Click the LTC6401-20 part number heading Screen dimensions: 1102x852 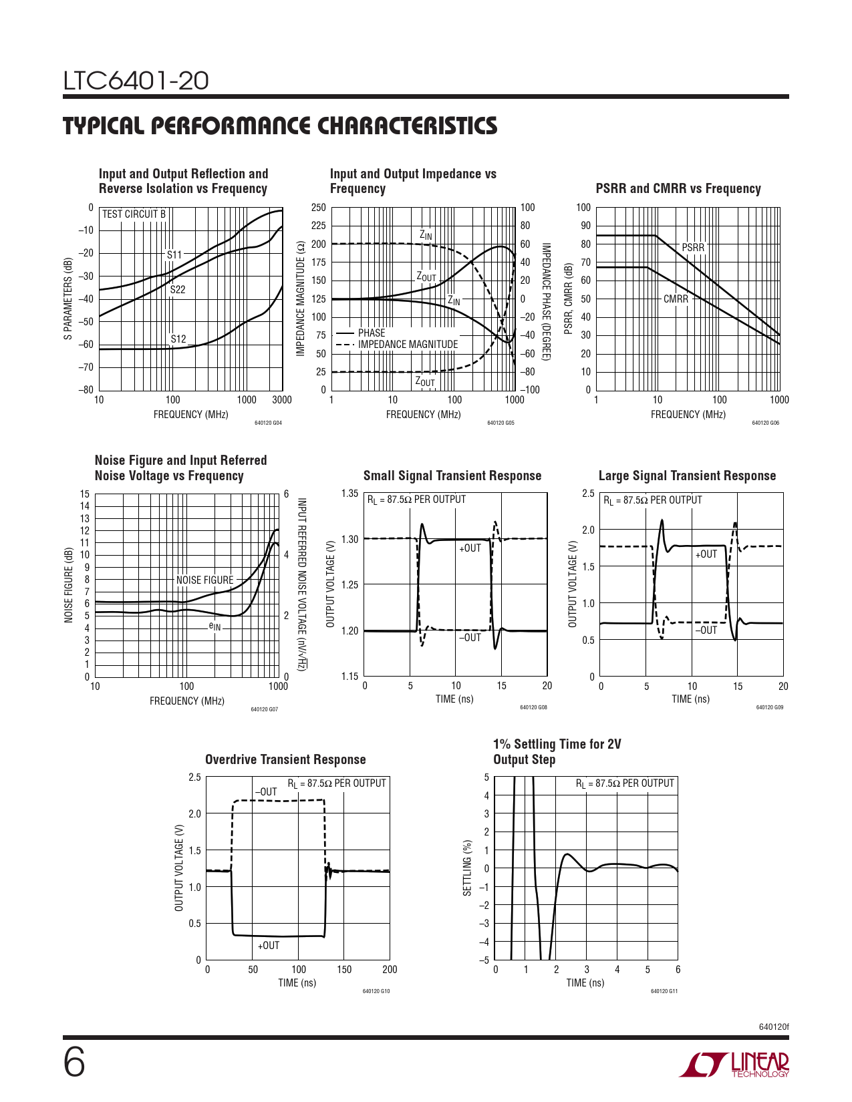point(136,81)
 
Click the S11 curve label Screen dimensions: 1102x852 point(174,254)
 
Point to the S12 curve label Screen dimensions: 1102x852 point(178,339)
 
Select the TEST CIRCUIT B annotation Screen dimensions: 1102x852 point(134,214)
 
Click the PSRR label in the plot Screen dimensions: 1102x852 point(693,248)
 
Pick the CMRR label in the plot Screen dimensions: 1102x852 point(676,299)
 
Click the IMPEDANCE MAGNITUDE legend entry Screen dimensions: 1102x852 point(408,345)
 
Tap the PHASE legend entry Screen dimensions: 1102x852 point(372,333)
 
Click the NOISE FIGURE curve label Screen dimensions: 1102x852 point(204,580)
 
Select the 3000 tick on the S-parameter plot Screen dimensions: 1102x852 point(282,400)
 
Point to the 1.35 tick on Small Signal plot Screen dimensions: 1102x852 point(349,494)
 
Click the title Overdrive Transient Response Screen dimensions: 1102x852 point(285,759)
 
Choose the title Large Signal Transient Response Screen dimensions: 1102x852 point(687,476)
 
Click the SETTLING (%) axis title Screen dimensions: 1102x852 point(468,868)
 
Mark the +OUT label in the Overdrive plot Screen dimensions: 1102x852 point(269,945)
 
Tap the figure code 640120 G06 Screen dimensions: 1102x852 point(765,423)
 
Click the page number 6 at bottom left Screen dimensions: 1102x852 point(74,1062)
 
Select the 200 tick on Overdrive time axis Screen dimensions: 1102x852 point(389,970)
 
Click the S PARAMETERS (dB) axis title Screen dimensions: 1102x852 point(68,299)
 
